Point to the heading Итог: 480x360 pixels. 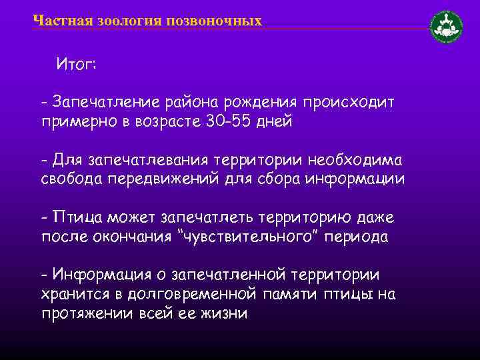point(77,65)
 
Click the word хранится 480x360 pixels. point(75,293)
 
